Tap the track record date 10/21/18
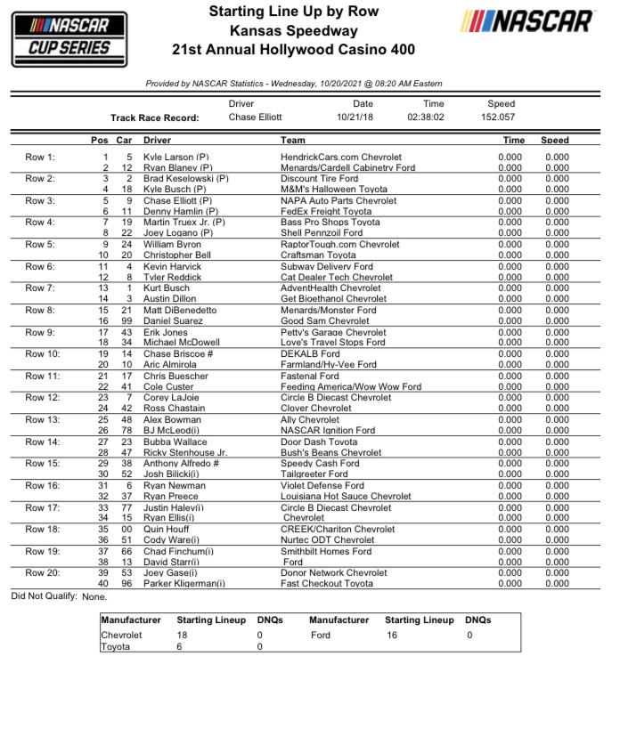[355, 117]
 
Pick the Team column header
[293, 141]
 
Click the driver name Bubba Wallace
[173, 442]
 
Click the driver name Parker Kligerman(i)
[184, 584]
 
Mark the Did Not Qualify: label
[44, 597]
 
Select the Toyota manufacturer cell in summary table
[115, 647]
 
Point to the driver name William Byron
[173, 245]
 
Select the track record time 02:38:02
[427, 117]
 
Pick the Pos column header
[100, 141]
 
